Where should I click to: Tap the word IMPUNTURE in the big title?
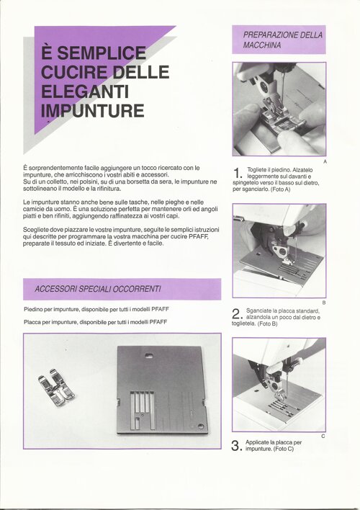tap(93, 111)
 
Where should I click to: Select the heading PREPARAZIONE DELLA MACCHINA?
tap(283, 40)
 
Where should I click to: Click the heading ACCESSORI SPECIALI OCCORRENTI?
tap(98, 289)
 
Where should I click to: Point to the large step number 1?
tap(238, 173)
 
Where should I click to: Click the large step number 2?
tap(237, 314)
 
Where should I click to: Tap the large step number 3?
tap(236, 446)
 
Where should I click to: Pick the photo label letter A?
tap(325, 161)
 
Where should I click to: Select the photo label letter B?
tap(324, 303)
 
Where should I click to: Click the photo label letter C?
tap(323, 437)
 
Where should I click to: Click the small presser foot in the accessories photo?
tap(57, 388)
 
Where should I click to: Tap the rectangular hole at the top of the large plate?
tap(149, 356)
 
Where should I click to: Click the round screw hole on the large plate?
tap(201, 426)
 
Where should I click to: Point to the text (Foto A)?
tap(280, 189)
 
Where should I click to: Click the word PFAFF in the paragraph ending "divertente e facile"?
tap(198, 236)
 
